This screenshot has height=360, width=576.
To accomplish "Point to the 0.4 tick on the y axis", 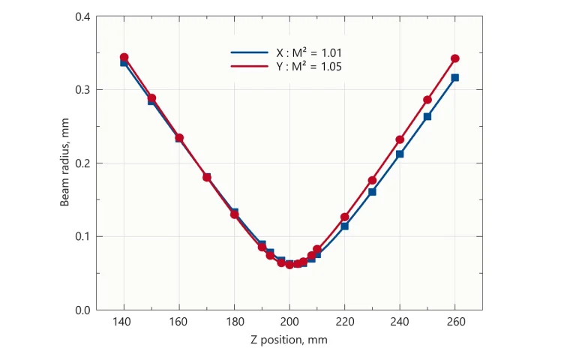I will pos(82,16).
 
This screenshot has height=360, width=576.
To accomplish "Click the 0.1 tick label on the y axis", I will pos(82,237).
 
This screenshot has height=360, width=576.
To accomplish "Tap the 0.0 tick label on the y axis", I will pos(82,310).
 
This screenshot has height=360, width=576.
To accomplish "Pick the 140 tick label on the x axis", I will pos(124,322).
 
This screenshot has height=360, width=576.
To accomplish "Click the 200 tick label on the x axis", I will pos(289,322).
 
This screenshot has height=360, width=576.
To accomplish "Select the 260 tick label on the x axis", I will pos(454,322).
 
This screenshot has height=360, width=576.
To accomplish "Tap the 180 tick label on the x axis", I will pos(234,322).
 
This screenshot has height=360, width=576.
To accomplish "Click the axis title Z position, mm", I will pos(289,340).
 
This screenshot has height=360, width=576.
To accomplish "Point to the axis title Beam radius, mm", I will pos(65,163).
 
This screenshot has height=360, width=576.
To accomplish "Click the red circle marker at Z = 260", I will pos(454,58).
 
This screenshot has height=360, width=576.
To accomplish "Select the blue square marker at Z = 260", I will pos(454,78).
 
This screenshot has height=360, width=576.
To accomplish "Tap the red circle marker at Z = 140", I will pos(124,57).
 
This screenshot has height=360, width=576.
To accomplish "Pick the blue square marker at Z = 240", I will pos(400,154).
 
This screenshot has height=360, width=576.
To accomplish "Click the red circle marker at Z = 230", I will pos(372,181).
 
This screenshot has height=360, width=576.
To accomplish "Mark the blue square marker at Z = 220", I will pos(344,226).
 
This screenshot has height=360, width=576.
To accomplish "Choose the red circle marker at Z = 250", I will pos(427,100).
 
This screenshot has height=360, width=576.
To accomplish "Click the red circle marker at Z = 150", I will pos(151,98).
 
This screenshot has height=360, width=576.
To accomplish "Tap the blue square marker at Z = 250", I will pos(427,116).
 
